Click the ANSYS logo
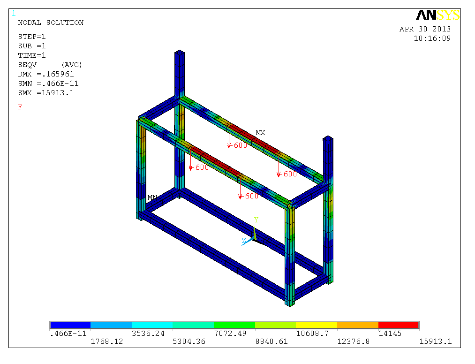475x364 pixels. click(x=438, y=15)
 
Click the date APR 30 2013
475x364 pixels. click(x=425, y=29)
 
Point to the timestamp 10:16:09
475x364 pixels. click(x=432, y=38)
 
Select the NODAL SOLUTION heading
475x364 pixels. click(x=51, y=23)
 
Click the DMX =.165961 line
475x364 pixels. click(x=46, y=74)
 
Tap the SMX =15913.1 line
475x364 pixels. click(x=46, y=93)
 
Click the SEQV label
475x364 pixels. click(x=27, y=65)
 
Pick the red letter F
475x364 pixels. click(x=20, y=107)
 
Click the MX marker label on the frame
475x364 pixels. click(x=261, y=133)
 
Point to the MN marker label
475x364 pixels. click(x=152, y=197)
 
